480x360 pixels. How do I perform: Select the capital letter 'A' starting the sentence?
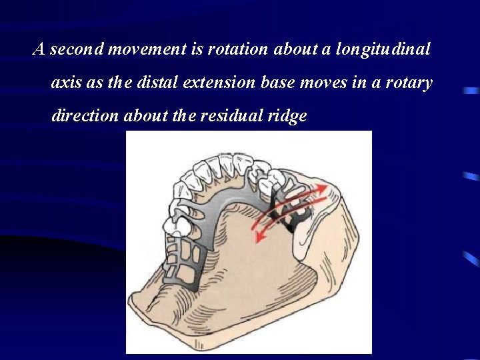click(39, 49)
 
